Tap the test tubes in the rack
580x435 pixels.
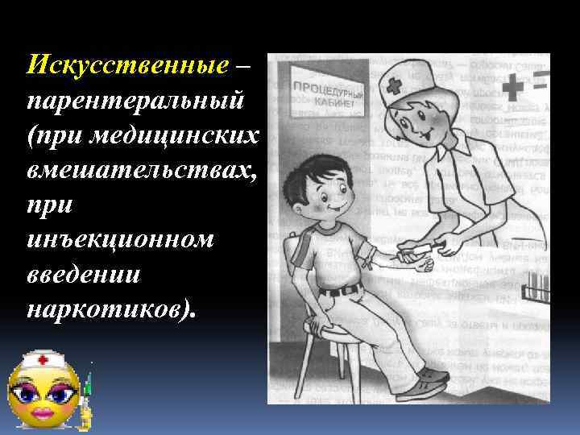coord(536,284)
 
